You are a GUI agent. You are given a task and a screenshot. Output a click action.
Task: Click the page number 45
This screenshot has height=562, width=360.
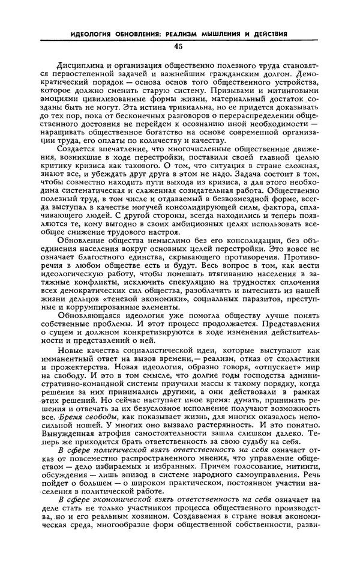coord(179,46)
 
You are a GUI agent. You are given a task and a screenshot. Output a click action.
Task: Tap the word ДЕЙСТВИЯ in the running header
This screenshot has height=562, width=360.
coord(272,33)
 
